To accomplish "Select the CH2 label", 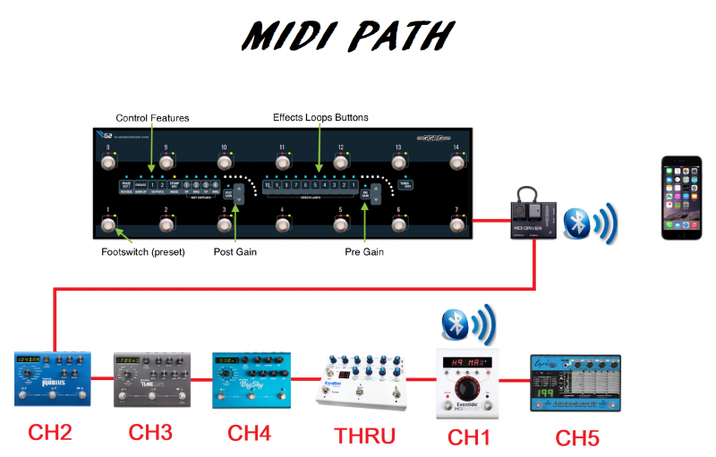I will coord(51,434).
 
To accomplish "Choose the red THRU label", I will coord(365,436).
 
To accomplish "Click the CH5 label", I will coord(575,438).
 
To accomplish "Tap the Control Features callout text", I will coord(152,118).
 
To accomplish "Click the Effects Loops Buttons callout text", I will coord(320,117).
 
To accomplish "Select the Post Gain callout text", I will coord(234,252).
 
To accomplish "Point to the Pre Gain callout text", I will coord(364,252).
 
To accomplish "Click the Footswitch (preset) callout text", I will coord(142,252).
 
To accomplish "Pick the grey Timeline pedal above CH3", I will coord(151,379).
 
